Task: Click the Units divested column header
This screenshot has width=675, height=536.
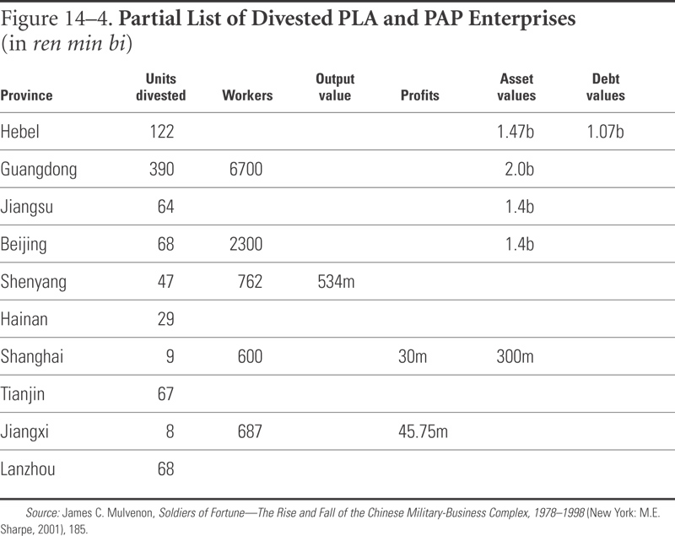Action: tap(161, 87)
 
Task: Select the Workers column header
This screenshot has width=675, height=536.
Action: tap(247, 95)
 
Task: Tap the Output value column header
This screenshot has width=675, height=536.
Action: tap(335, 87)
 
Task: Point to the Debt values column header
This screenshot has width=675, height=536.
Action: tap(605, 87)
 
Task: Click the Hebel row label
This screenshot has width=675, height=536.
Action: tap(19, 132)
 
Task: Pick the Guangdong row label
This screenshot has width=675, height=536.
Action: tap(39, 170)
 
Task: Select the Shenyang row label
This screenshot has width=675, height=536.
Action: tap(34, 283)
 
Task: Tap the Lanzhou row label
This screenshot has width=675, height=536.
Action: tap(28, 468)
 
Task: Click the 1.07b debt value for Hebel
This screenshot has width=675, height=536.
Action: tap(605, 132)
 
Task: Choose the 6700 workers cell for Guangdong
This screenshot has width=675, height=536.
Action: tap(246, 169)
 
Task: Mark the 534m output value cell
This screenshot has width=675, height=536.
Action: tap(336, 282)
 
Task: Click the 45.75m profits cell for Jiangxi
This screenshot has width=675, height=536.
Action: tap(424, 431)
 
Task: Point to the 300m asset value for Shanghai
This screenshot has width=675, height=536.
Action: tap(515, 356)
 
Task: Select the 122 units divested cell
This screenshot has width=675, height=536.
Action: tap(162, 132)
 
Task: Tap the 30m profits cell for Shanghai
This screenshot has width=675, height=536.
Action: tap(413, 356)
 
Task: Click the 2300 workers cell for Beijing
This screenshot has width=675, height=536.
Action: tap(246, 244)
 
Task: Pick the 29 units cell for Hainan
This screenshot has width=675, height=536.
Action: tap(165, 319)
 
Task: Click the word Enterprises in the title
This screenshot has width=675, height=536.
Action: tap(521, 19)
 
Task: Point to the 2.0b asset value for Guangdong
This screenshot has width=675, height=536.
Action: tap(519, 169)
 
